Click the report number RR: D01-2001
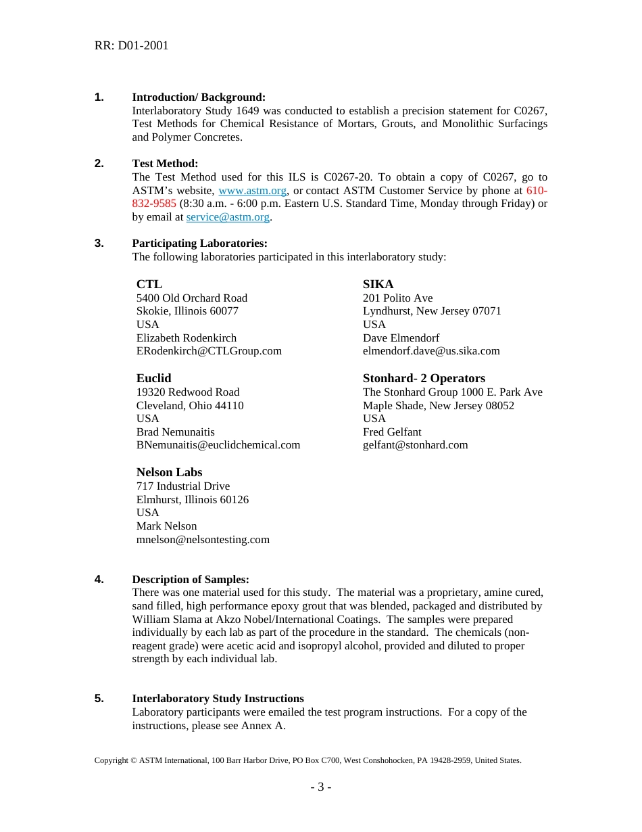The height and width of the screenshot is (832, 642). click(x=131, y=45)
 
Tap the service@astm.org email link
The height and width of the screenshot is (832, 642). click(x=228, y=217)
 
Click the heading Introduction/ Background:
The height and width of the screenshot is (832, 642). click(x=198, y=97)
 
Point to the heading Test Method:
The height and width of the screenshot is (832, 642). click(x=165, y=164)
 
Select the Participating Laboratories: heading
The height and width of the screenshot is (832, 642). click(x=199, y=244)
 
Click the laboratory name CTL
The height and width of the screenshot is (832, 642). click(x=149, y=284)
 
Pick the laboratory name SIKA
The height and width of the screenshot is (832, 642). click(x=378, y=284)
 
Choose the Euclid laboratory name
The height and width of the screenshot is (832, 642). click(x=153, y=378)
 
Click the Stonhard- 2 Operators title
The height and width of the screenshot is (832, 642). click(x=424, y=378)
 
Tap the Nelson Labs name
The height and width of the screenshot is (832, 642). click(x=169, y=472)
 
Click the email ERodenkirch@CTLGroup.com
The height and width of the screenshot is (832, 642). click(x=209, y=351)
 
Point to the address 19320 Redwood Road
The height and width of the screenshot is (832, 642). click(x=187, y=392)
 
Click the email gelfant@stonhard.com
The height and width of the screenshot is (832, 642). click(x=415, y=445)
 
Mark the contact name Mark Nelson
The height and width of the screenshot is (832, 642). click(x=166, y=526)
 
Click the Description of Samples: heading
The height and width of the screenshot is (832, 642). click(x=191, y=580)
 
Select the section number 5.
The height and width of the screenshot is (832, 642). click(x=99, y=699)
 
